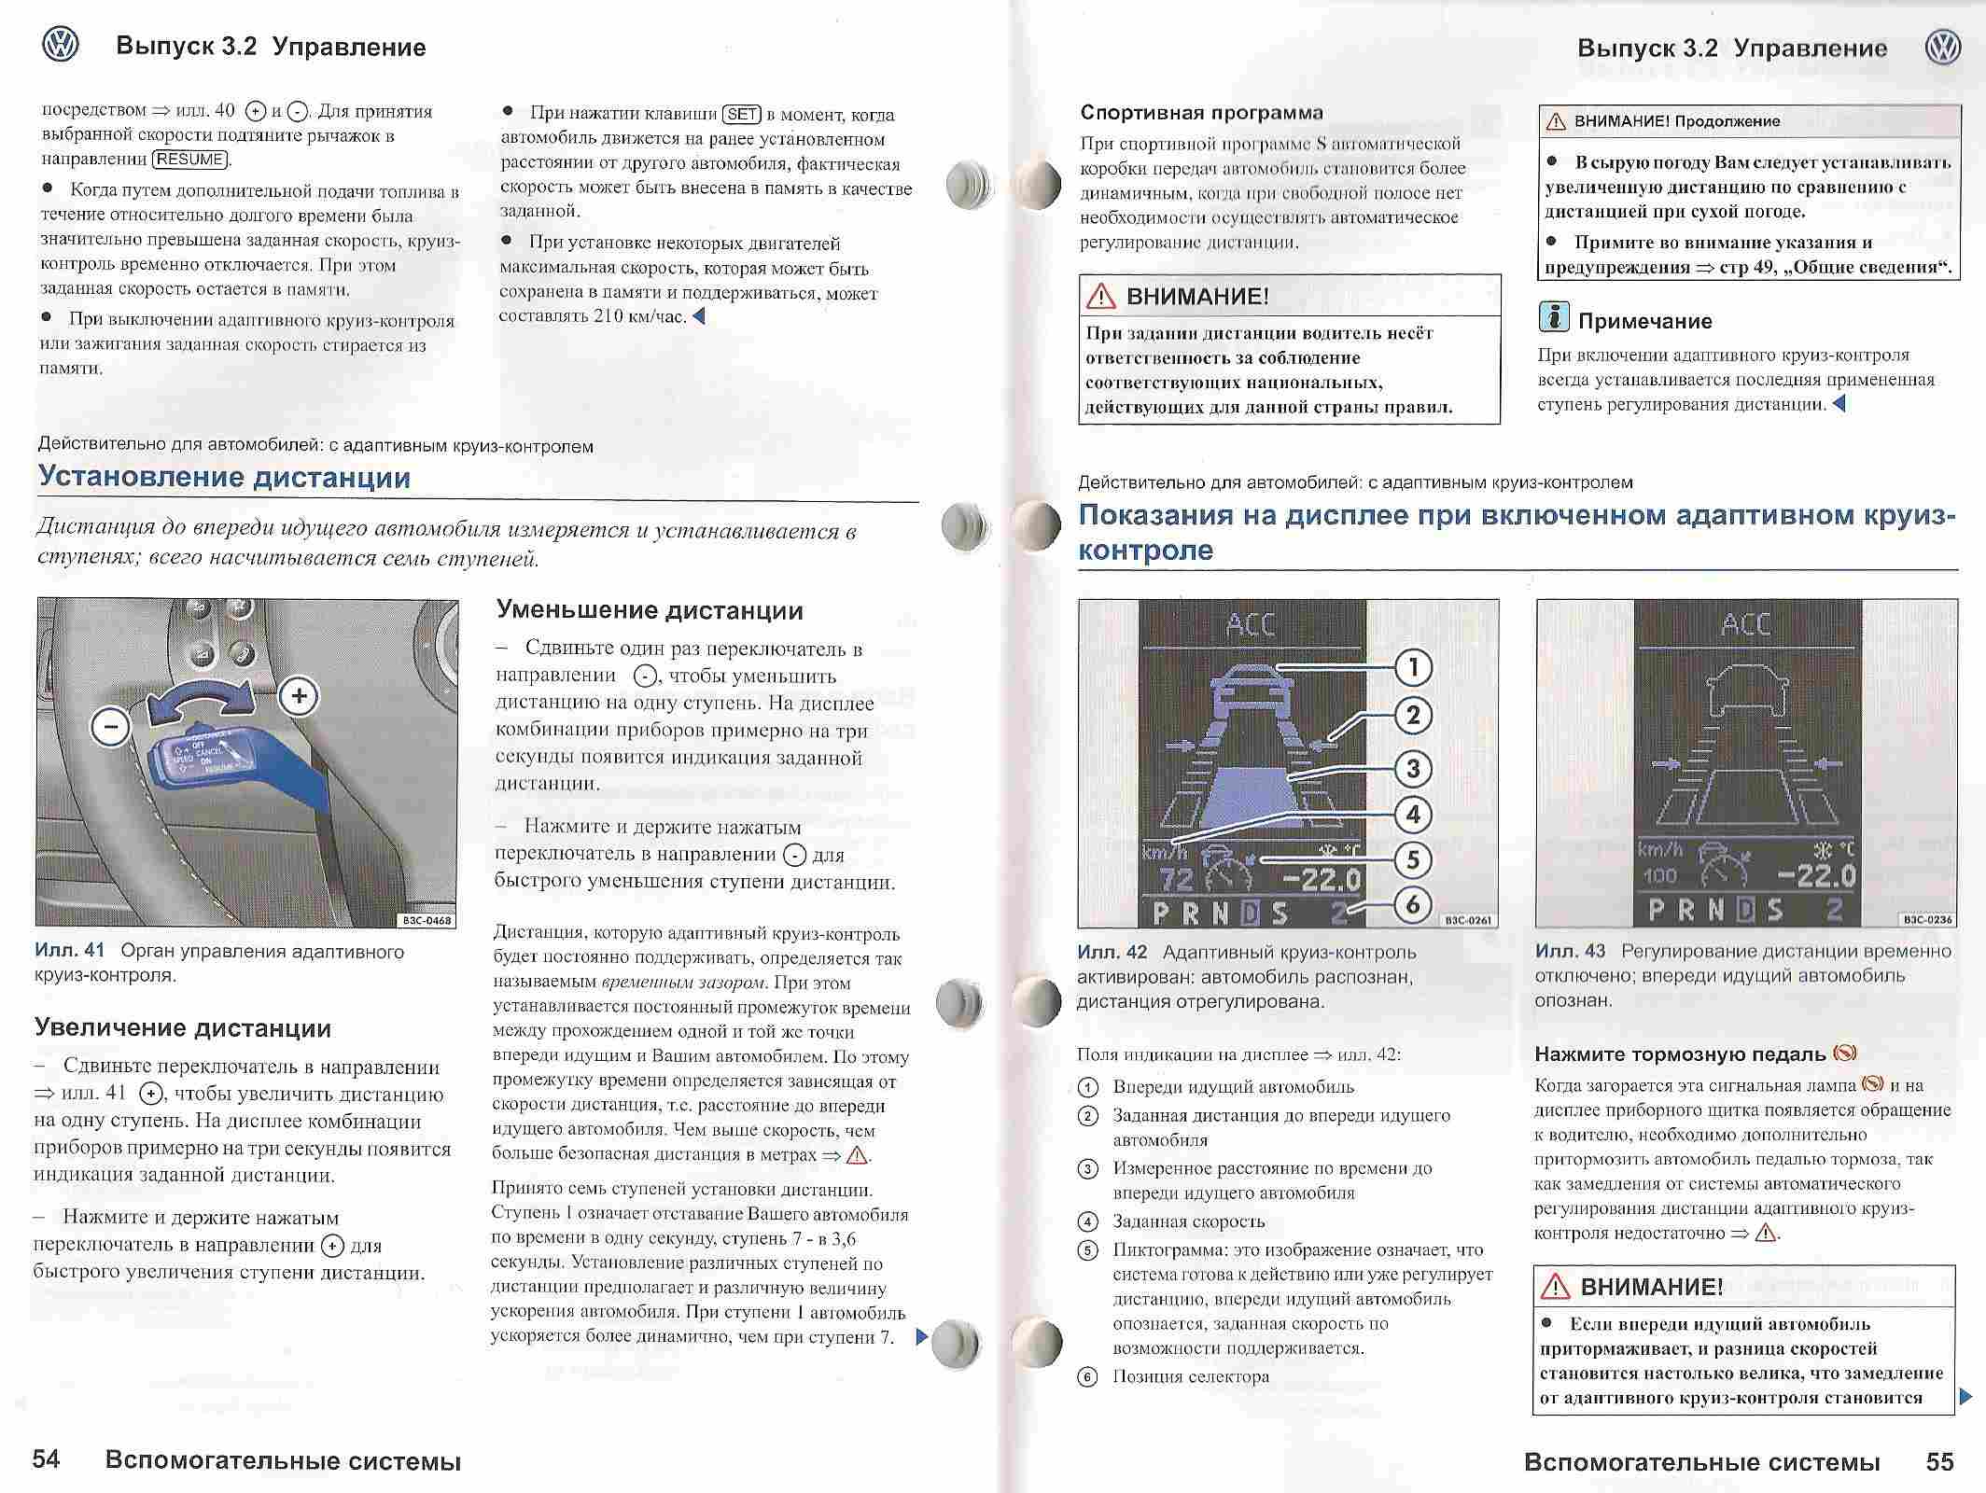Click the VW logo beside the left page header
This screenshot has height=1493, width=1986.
click(x=61, y=45)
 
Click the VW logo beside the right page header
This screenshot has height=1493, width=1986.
click(x=1943, y=47)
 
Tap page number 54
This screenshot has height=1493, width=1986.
click(x=46, y=1459)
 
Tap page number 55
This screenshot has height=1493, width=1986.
click(x=1939, y=1461)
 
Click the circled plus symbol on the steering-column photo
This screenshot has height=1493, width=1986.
click(x=299, y=696)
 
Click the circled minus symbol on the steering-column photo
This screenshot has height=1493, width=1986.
click(x=111, y=726)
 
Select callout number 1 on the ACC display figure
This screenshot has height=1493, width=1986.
click(x=1413, y=666)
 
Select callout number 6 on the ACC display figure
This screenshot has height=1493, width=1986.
click(x=1413, y=903)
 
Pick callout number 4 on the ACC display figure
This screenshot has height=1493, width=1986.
click(x=1413, y=814)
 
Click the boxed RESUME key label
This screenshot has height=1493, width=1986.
click(x=190, y=160)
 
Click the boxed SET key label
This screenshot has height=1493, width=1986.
click(x=742, y=115)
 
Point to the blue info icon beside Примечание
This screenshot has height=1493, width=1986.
click(x=1553, y=318)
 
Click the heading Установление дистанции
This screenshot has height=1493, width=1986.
click(x=224, y=478)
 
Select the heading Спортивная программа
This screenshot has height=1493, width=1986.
click(x=1201, y=113)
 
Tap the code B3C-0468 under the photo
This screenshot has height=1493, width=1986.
click(x=427, y=920)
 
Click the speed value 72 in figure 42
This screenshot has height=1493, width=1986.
click(x=1176, y=878)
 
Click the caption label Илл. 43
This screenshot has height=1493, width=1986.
click(x=1570, y=951)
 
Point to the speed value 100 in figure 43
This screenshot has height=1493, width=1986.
click(x=1659, y=876)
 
